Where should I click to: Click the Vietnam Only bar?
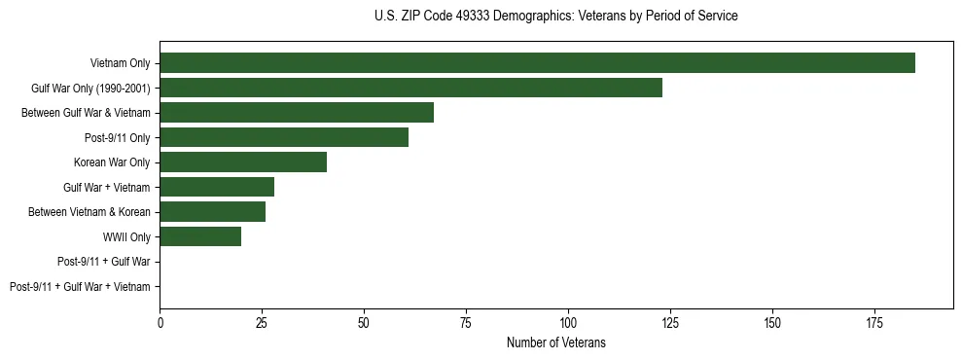tap(537, 63)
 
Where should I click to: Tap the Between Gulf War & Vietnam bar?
tap(297, 113)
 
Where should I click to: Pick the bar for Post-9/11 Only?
tap(284, 137)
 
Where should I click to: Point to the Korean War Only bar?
tap(243, 162)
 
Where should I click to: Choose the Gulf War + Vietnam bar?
tap(217, 187)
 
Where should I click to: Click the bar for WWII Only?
tap(200, 236)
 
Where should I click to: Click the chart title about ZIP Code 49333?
tap(555, 17)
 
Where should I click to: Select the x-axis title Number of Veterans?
tap(555, 342)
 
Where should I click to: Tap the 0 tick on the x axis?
tap(160, 321)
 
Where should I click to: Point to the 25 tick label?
tap(262, 321)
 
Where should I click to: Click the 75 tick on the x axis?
tap(466, 321)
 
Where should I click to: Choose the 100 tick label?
tap(568, 321)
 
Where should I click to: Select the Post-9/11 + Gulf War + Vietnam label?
tap(80, 287)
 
